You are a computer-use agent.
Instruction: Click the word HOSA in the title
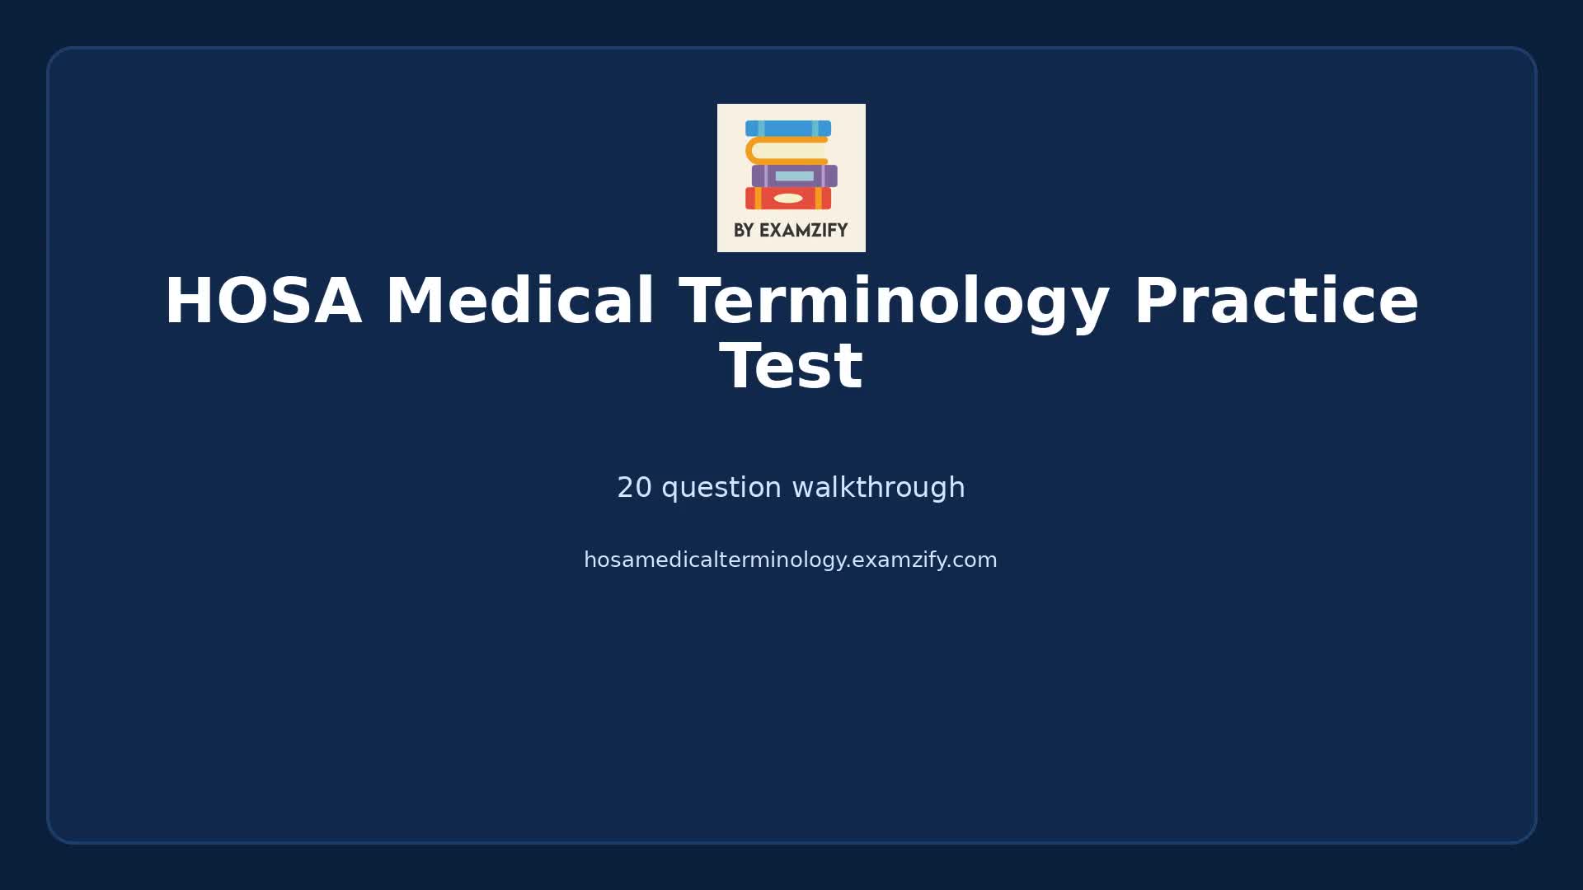pyautogui.click(x=263, y=302)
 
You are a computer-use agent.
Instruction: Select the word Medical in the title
pyautogui.click(x=519, y=302)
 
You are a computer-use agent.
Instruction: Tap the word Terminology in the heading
pyautogui.click(x=894, y=302)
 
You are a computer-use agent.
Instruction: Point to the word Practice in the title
pyautogui.click(x=1276, y=302)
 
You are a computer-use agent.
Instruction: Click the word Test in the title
pyautogui.click(x=791, y=368)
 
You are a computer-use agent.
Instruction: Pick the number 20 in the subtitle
pyautogui.click(x=634, y=488)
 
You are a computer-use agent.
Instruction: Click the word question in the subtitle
pyautogui.click(x=721, y=488)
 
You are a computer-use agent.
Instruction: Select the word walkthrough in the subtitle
pyautogui.click(x=878, y=488)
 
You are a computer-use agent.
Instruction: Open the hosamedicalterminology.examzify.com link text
pyautogui.click(x=790, y=560)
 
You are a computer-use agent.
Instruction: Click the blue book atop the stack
pyautogui.click(x=788, y=129)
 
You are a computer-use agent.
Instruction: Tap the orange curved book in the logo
pyautogui.click(x=783, y=151)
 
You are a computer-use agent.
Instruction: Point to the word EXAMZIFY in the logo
pyautogui.click(x=803, y=231)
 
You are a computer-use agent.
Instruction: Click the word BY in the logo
pyautogui.click(x=743, y=231)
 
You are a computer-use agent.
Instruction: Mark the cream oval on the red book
pyautogui.click(x=788, y=199)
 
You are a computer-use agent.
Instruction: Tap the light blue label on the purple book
pyautogui.click(x=794, y=176)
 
